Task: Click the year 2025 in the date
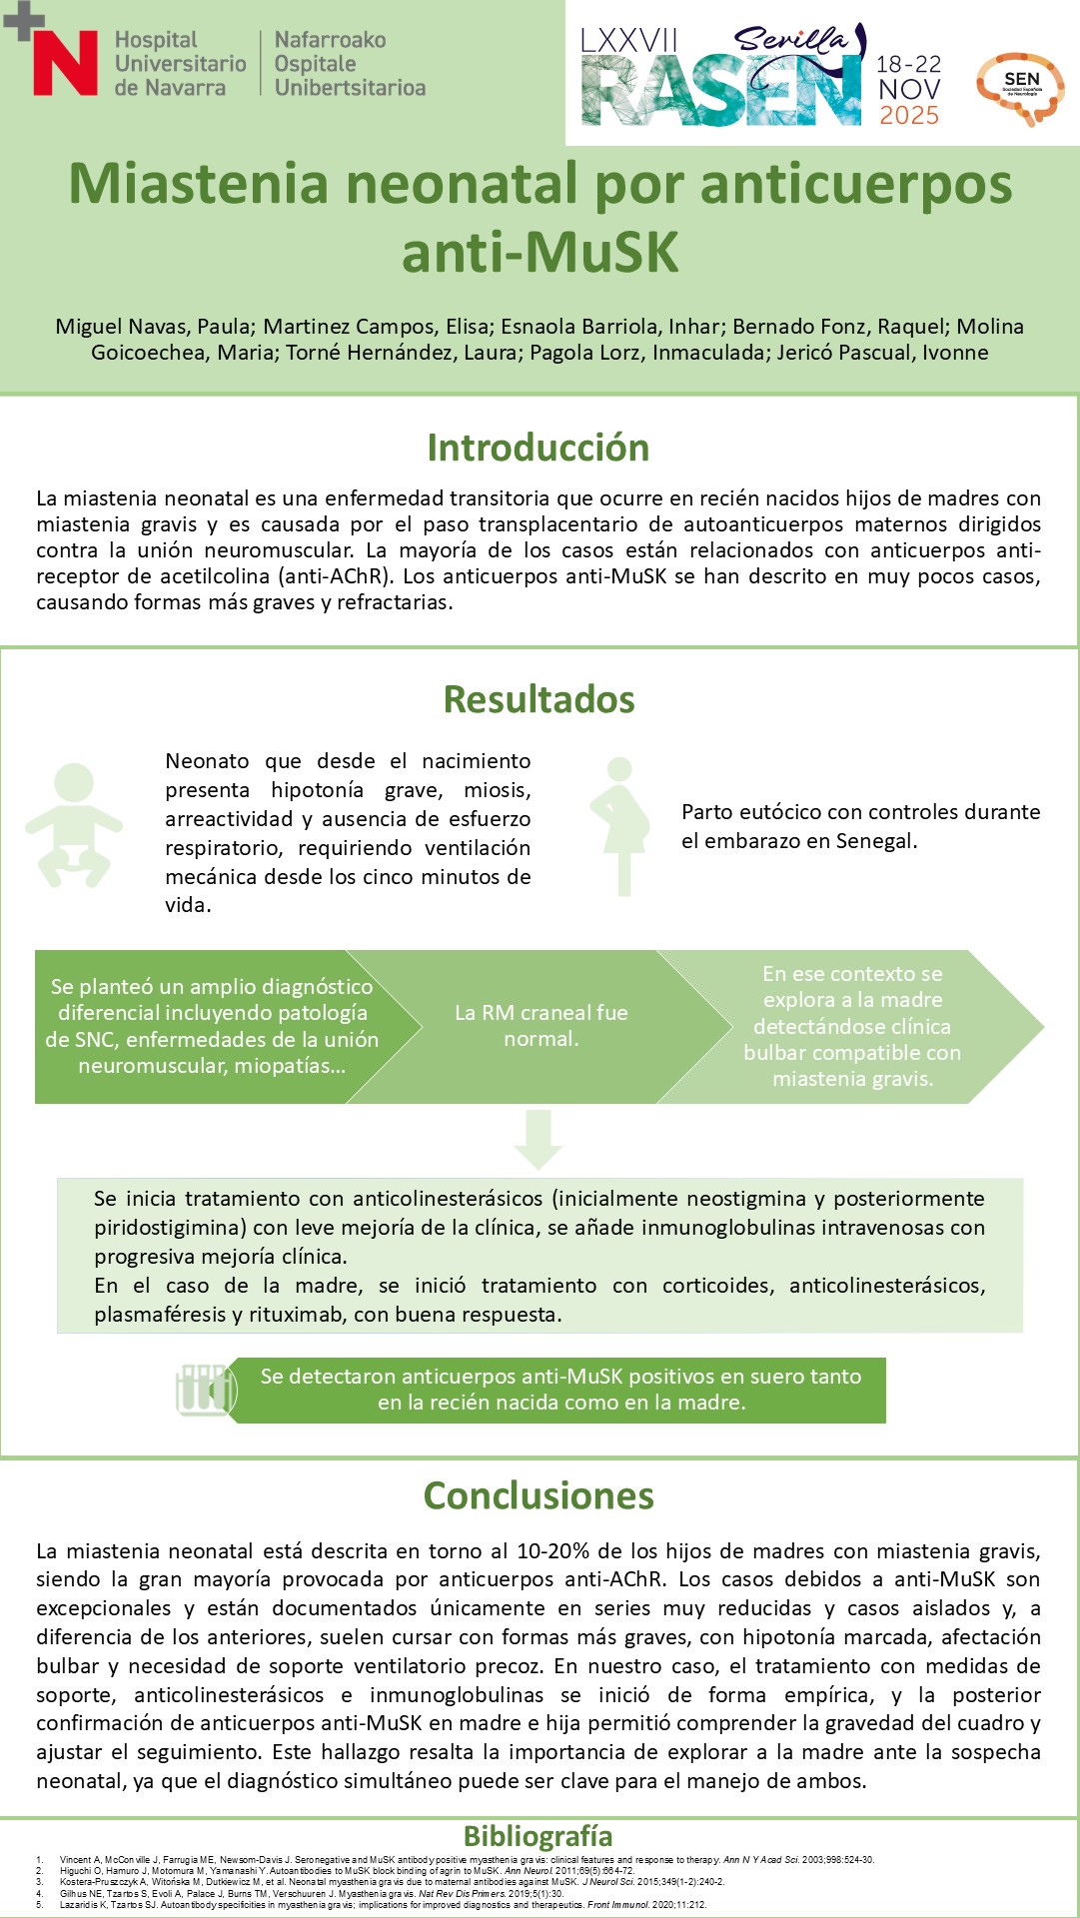(x=909, y=116)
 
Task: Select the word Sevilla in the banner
(x=789, y=40)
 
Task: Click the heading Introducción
(x=539, y=448)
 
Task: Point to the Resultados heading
(x=540, y=699)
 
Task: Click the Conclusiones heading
(x=540, y=1495)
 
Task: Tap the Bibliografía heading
(x=539, y=1836)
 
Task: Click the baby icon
(x=73, y=825)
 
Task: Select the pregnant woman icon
(x=619, y=825)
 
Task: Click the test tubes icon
(x=204, y=1390)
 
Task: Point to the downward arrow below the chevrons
(x=539, y=1138)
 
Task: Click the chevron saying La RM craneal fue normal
(x=540, y=1026)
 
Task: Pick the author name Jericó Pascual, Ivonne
(x=883, y=353)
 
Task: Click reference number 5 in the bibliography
(x=40, y=1905)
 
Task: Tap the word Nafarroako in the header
(x=330, y=40)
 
